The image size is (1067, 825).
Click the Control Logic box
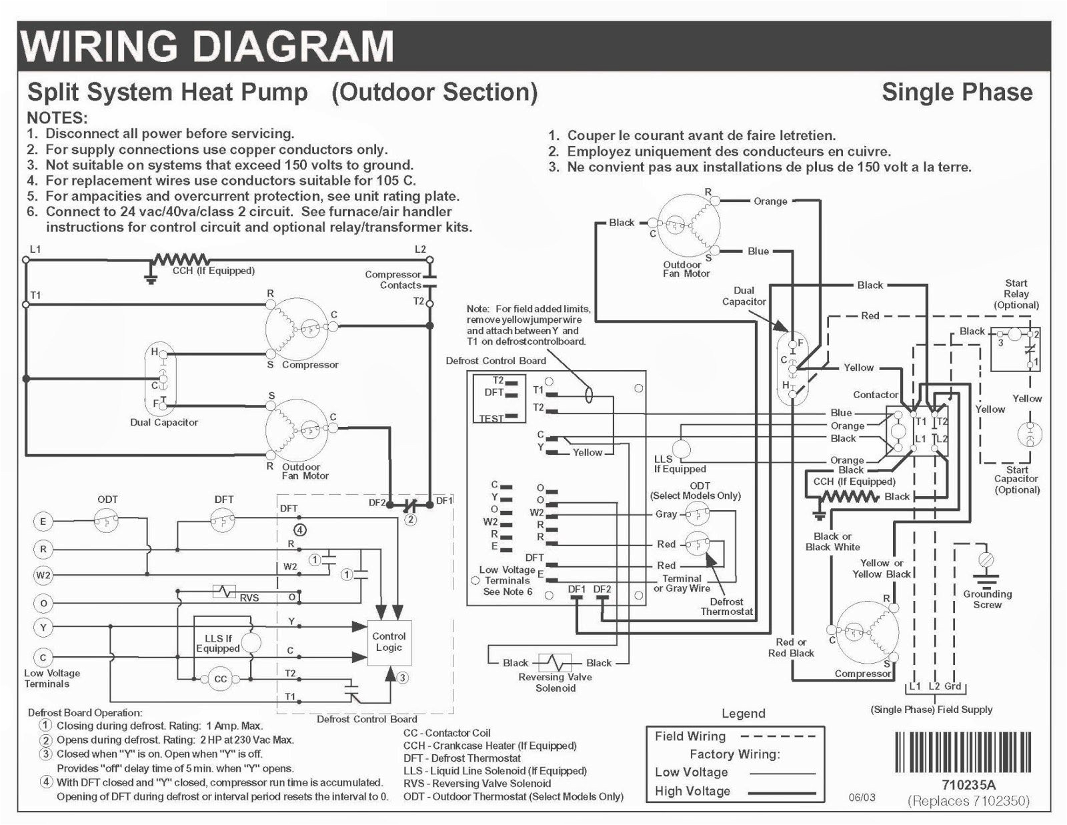389,642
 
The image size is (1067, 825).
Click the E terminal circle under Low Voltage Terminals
43,522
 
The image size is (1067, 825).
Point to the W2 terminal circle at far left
43,575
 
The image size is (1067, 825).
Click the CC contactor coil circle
220,680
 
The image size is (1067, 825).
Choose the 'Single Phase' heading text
956,92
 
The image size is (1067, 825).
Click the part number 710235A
968,785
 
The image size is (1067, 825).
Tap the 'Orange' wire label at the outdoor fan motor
770,201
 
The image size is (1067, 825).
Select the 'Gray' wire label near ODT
666,514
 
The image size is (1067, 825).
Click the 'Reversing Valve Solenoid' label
555,682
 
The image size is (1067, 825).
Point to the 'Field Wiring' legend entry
690,736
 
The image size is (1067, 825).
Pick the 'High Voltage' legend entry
692,791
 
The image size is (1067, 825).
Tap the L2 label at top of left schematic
420,249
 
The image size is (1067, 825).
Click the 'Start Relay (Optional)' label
1016,294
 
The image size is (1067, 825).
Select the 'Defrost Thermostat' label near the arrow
726,606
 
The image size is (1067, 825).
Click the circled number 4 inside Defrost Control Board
300,530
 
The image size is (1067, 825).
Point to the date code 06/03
862,797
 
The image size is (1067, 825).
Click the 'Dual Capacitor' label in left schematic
164,422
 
